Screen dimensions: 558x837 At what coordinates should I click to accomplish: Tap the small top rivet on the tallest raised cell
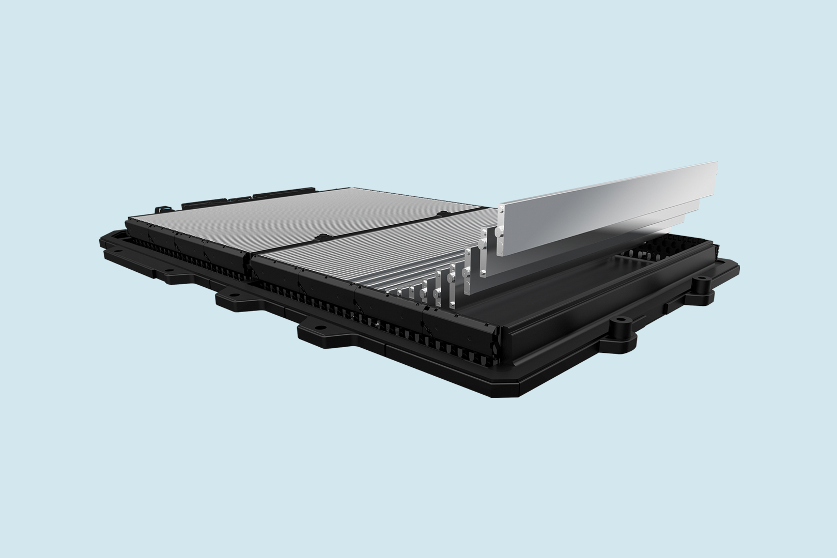point(500,210)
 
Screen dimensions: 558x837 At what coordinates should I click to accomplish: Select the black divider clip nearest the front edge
point(319,238)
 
